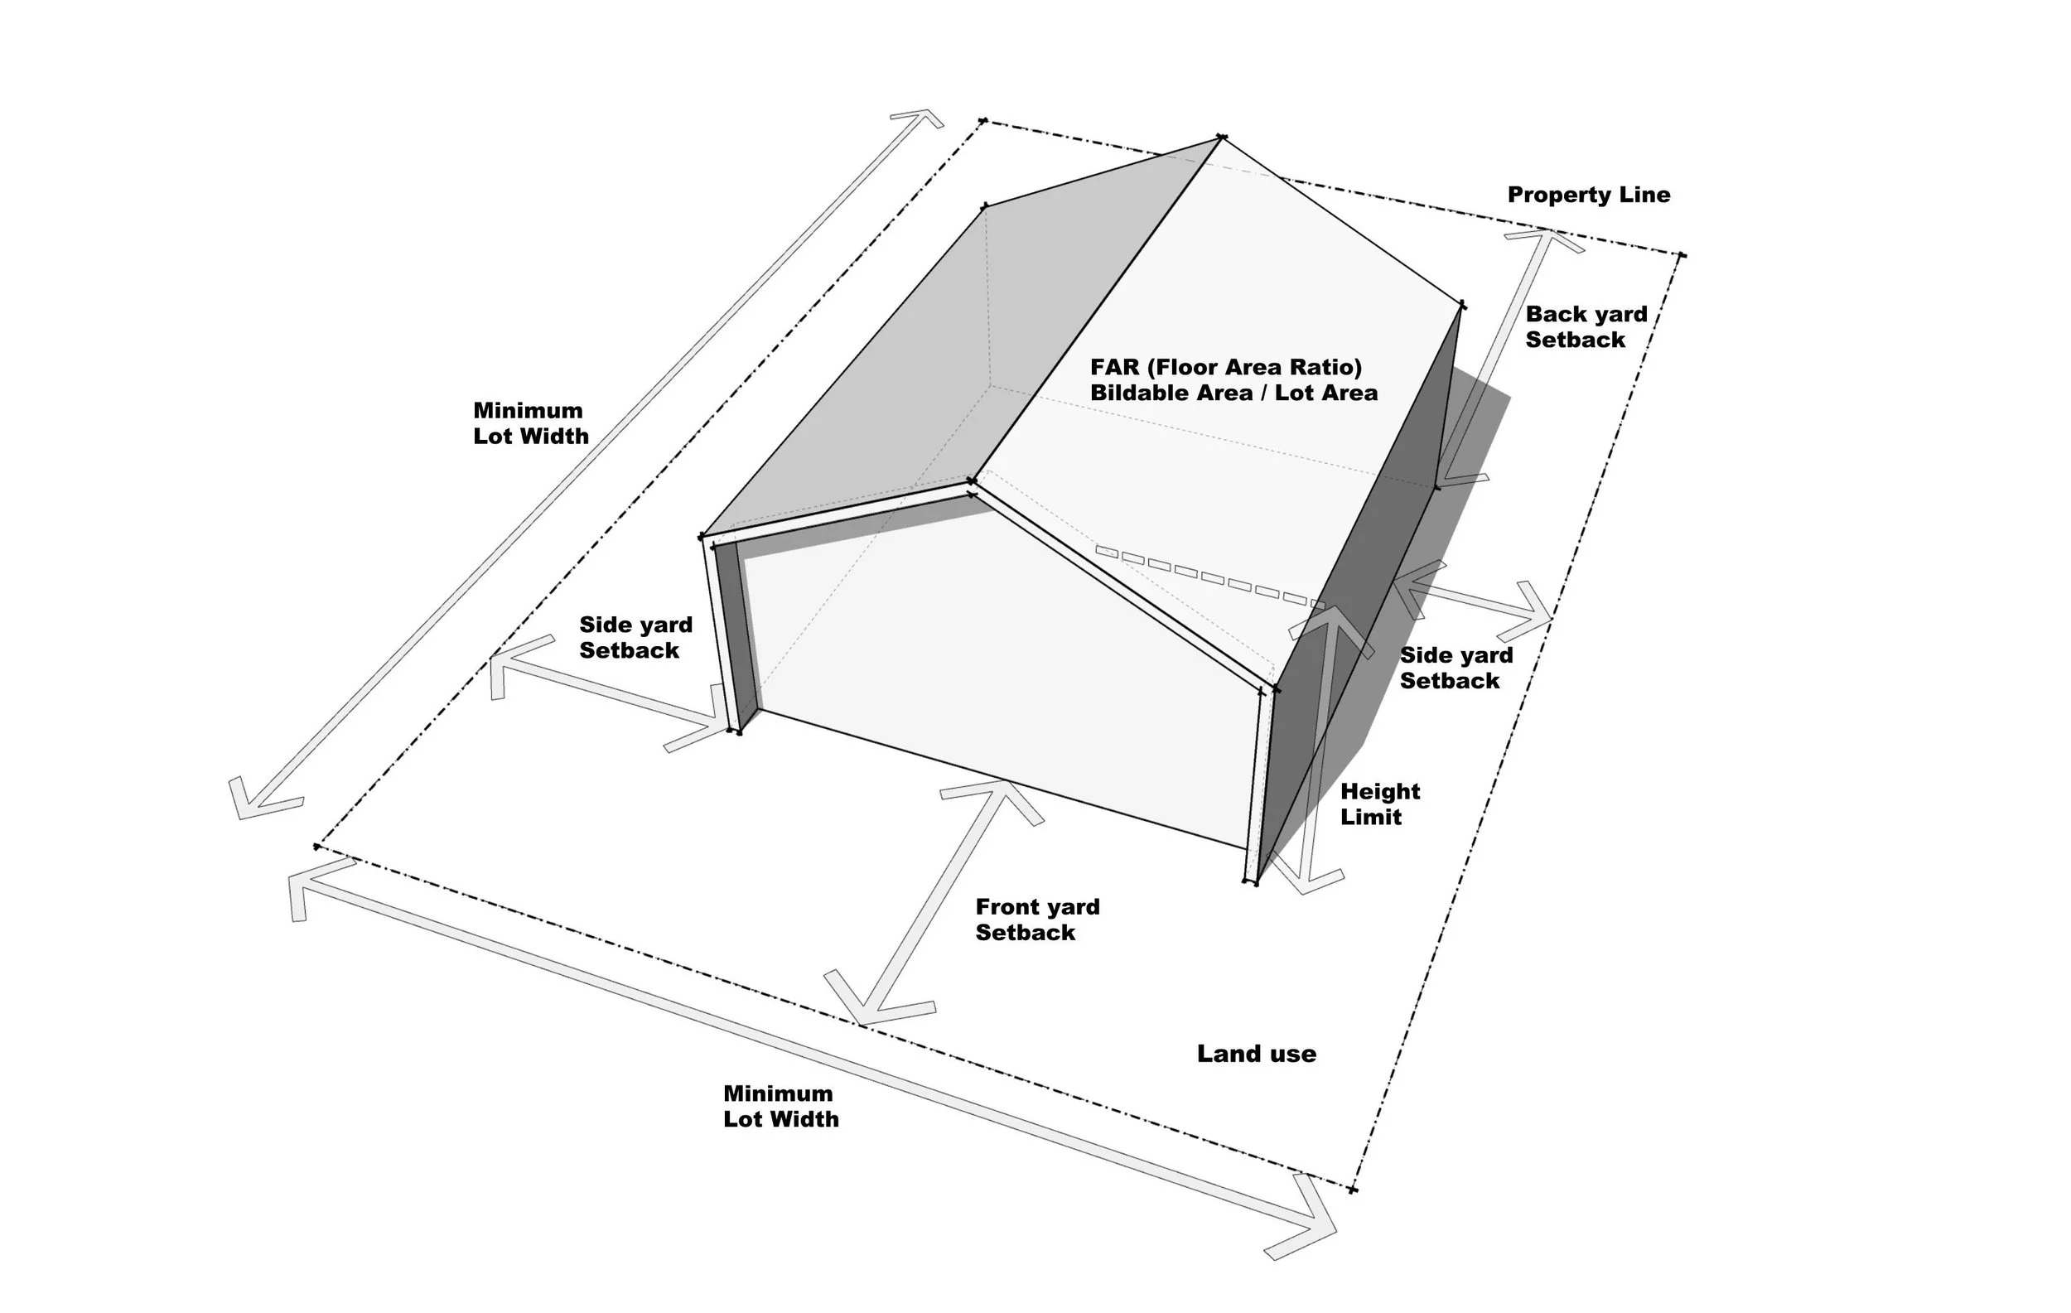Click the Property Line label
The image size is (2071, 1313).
pos(1589,196)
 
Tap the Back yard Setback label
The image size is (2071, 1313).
pos(1586,326)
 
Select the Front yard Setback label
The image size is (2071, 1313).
pos(1037,920)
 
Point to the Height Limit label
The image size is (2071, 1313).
pos(1379,804)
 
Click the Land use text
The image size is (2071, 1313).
pos(1256,1055)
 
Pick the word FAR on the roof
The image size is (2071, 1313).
pos(1115,368)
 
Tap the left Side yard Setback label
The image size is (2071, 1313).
pos(635,637)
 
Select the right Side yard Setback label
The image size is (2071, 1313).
pos(1455,669)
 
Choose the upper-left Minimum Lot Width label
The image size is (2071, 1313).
pos(530,423)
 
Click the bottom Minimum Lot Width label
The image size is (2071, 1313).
pos(780,1106)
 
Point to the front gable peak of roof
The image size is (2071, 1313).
pos(972,481)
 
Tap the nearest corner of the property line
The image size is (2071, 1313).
pos(1353,1190)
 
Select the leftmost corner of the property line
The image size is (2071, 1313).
pos(317,847)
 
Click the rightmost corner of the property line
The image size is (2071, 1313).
pos(1682,255)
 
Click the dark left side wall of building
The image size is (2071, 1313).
pos(736,636)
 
